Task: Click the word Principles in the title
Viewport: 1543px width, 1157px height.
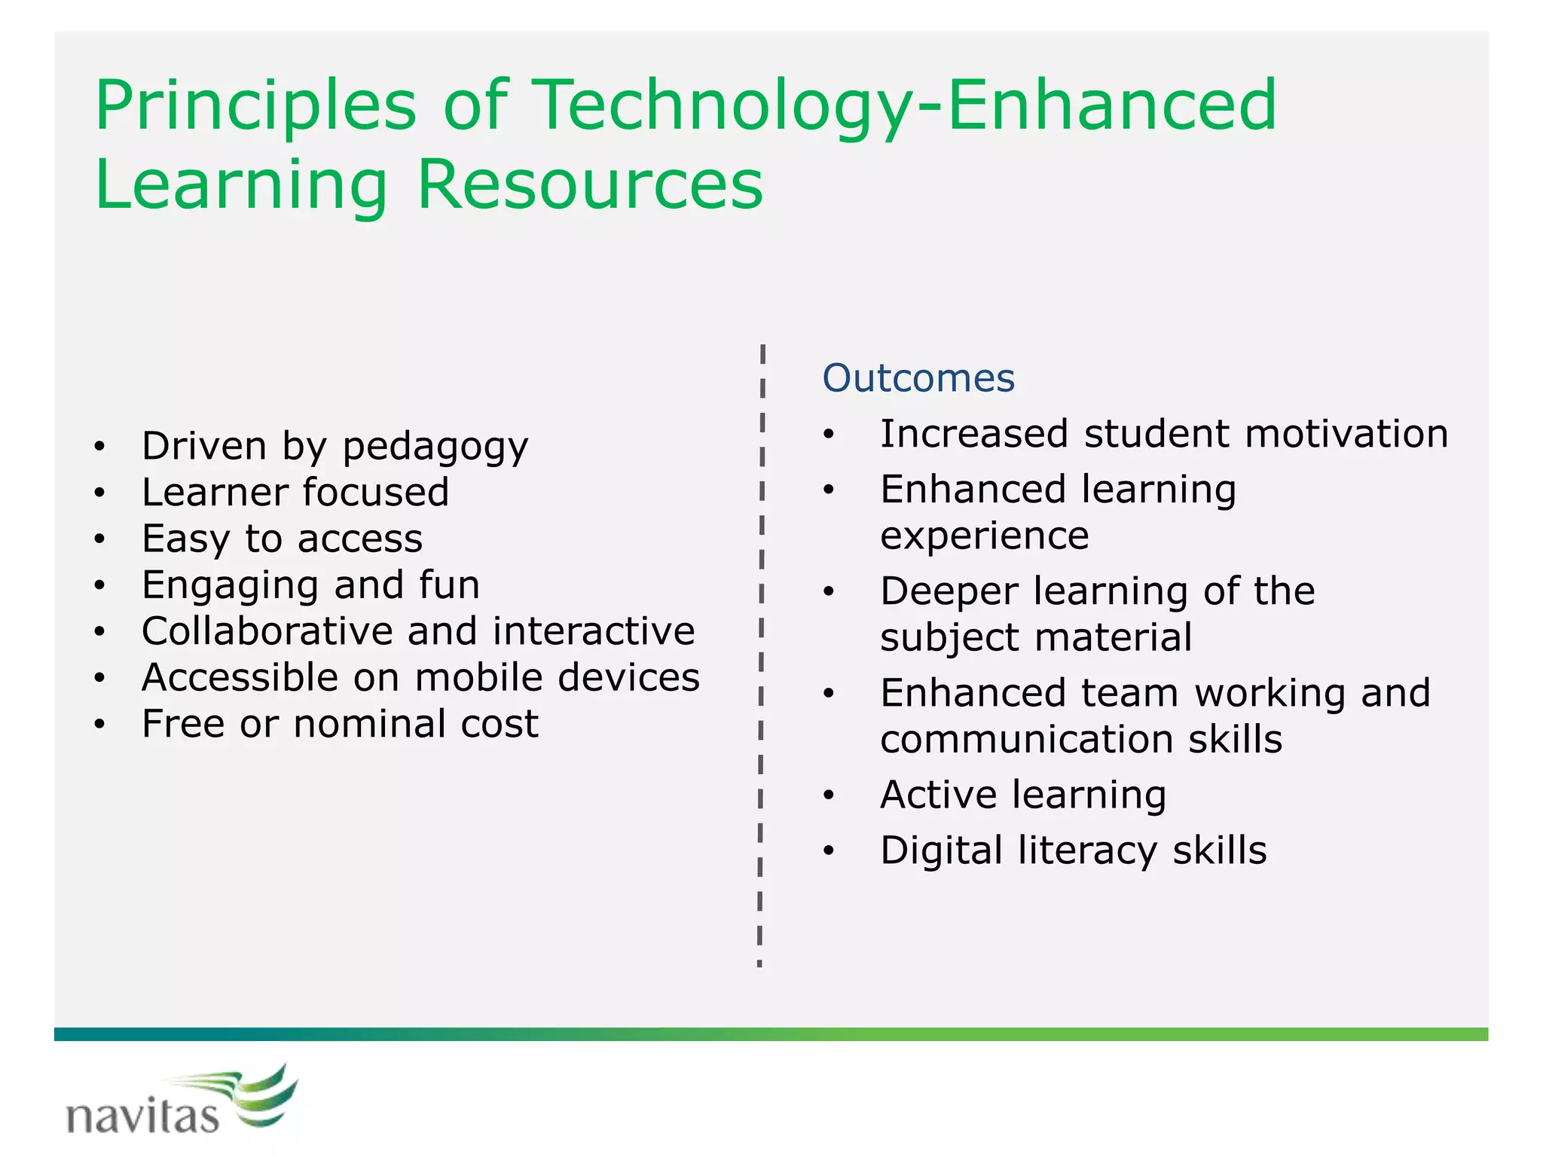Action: [255, 107]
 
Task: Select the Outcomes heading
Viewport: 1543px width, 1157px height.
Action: [918, 378]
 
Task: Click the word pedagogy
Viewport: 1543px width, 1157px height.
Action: [435, 447]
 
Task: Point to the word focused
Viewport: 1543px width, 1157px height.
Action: [376, 493]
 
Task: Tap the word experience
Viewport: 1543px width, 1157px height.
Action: [985, 536]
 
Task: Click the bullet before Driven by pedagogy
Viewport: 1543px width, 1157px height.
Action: [99, 447]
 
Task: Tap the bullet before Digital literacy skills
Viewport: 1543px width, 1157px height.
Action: [829, 852]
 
